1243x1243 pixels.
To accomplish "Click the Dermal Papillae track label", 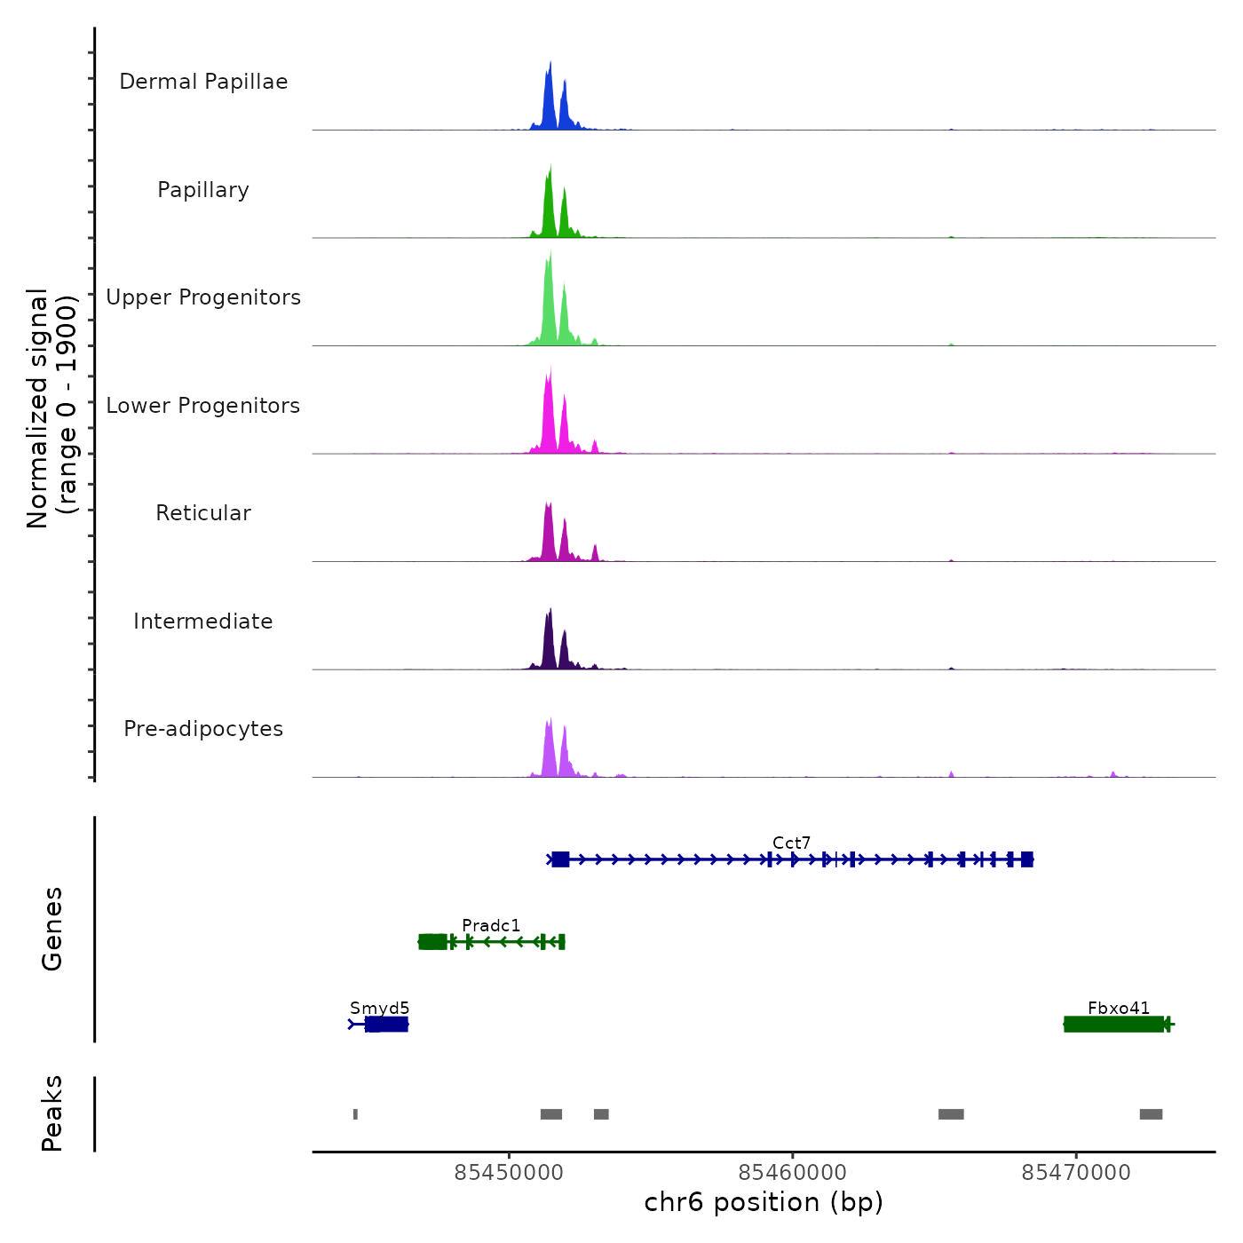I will (x=203, y=82).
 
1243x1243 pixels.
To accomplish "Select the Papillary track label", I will (x=203, y=190).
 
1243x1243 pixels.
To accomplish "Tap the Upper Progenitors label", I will (x=203, y=297).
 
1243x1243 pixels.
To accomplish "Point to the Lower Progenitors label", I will (x=203, y=406).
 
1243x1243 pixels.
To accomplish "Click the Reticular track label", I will (x=203, y=513).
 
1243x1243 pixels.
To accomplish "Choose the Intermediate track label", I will (x=203, y=621).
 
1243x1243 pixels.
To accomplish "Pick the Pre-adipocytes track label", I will (x=203, y=729).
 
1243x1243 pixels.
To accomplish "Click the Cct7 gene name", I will (x=791, y=843).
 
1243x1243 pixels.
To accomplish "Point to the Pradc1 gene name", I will (x=491, y=925).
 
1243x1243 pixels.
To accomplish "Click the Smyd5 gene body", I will (x=386, y=1025).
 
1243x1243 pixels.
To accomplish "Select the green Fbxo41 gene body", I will (x=1114, y=1025).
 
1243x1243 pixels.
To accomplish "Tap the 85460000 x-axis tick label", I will (x=793, y=1173).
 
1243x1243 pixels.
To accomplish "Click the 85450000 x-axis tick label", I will (x=509, y=1173).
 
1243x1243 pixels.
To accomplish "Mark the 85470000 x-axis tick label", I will (x=1076, y=1173).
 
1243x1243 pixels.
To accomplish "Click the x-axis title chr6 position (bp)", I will (x=764, y=1203).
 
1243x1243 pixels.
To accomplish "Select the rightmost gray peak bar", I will (x=1151, y=1114).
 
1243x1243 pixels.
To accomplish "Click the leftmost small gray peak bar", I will (x=355, y=1114).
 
